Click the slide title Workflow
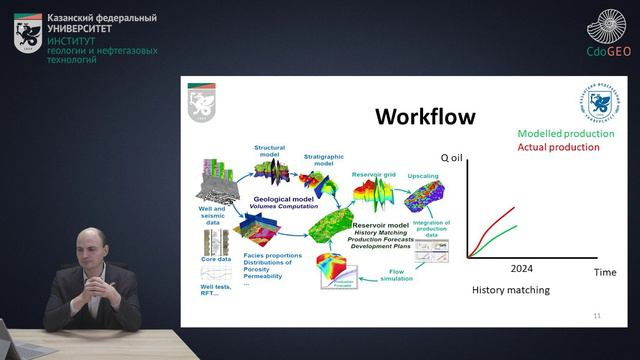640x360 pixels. pos(425,117)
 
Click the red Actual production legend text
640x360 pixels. pos(559,147)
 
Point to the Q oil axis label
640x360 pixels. pos(455,158)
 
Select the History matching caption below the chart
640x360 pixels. pos(511,291)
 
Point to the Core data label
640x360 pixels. pos(216,259)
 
